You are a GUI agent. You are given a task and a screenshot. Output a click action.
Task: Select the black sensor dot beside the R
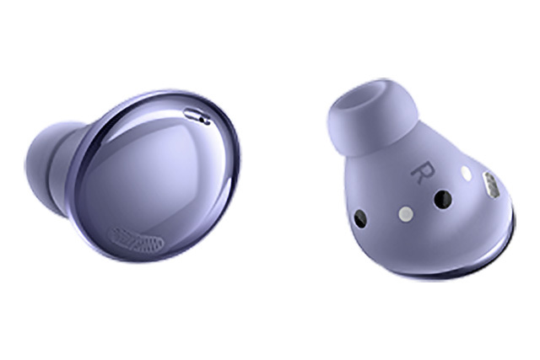click(x=442, y=199)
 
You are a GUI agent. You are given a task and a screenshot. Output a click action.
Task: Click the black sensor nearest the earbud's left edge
click(x=360, y=219)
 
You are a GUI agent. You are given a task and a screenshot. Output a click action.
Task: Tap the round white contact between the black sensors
click(x=406, y=214)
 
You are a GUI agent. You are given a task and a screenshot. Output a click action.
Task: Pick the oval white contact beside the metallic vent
click(x=467, y=174)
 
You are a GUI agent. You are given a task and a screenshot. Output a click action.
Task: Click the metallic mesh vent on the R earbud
click(x=492, y=185)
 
